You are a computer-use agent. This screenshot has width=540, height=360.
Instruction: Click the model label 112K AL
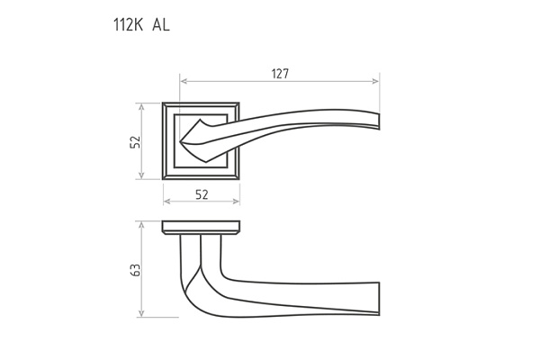click(141, 25)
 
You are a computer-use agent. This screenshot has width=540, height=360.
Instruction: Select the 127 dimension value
click(280, 74)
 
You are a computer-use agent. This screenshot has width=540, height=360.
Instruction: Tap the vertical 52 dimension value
click(136, 141)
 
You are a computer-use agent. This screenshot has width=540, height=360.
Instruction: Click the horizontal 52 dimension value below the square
click(202, 194)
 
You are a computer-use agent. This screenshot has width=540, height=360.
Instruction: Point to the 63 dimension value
click(136, 270)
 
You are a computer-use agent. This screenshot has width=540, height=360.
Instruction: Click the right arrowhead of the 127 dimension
click(375, 81)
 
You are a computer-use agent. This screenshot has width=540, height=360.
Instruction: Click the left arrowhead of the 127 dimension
click(184, 81)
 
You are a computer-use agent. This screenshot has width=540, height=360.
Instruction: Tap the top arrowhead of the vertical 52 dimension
click(141, 106)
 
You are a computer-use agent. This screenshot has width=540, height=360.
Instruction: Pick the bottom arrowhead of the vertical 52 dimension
click(141, 175)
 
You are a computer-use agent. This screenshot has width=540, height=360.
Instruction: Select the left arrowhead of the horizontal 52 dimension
click(167, 202)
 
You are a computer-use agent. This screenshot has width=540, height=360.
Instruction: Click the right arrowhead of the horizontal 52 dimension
click(236, 202)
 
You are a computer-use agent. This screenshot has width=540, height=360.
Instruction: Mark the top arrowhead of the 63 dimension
click(141, 225)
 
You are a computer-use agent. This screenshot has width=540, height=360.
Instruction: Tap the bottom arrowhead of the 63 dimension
click(141, 313)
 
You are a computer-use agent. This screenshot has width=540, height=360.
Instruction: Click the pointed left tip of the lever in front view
click(182, 141)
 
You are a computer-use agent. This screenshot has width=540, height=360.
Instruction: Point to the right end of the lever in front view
click(379, 121)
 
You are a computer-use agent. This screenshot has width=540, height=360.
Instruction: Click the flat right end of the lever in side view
click(379, 299)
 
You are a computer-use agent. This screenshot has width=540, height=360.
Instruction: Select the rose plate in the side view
click(201, 228)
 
